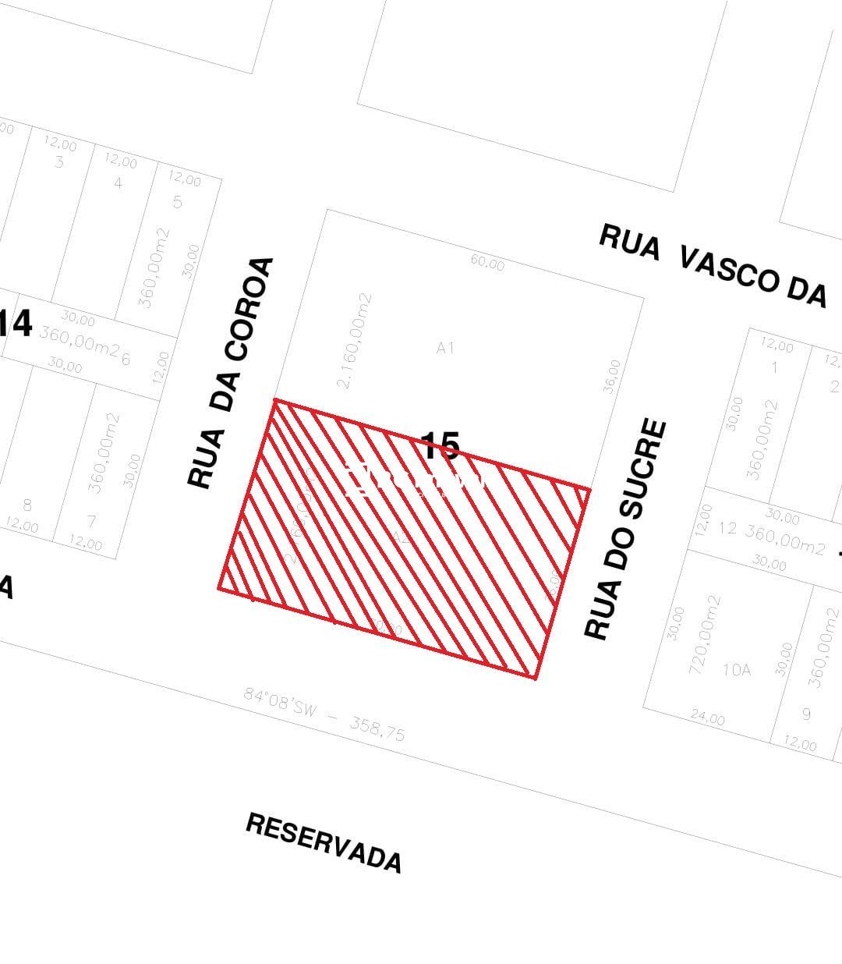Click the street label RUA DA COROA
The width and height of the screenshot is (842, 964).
point(232,373)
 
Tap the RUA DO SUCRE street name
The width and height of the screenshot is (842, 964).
point(626,530)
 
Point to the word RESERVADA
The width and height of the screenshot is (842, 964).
point(324,842)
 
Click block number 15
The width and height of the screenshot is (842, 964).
point(440,447)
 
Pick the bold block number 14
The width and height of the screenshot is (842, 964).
point(16,324)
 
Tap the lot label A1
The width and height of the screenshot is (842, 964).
point(445,348)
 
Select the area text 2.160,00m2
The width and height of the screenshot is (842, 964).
point(354,341)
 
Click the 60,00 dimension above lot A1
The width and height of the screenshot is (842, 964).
point(487,264)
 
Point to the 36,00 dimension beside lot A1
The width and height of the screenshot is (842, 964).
point(612,376)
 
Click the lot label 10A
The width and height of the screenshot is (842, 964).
point(736,669)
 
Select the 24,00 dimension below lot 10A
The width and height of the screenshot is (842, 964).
point(707,718)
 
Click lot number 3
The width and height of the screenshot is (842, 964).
point(59,162)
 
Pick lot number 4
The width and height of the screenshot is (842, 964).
point(119,183)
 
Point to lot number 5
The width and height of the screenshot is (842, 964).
point(178,203)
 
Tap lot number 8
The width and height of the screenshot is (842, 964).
point(27,505)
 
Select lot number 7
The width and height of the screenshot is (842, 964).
point(92,521)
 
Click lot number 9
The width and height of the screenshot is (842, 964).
point(806,714)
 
